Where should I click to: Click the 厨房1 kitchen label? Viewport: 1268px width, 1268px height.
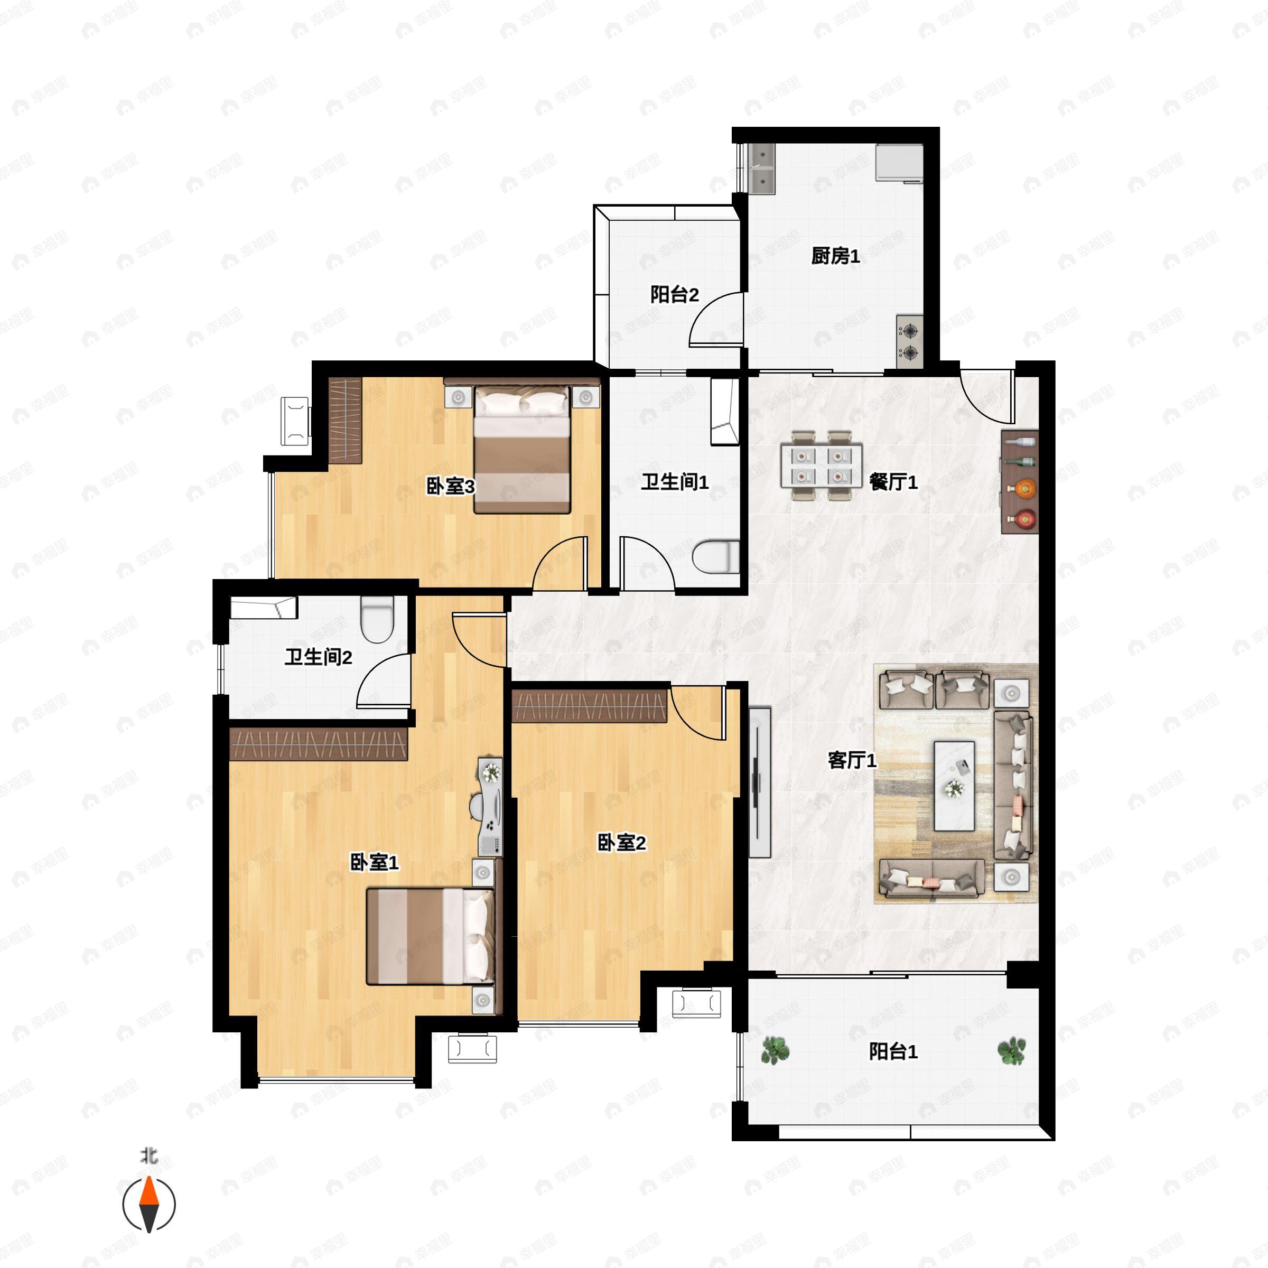pos(835,255)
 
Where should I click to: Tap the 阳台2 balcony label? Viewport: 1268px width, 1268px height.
pos(674,295)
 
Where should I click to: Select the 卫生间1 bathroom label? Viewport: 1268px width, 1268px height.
pos(675,482)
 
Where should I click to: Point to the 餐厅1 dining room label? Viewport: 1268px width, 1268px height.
pos(892,482)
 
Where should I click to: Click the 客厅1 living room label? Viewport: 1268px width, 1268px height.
pos(852,760)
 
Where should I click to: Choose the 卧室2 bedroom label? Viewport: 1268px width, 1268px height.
pos(621,842)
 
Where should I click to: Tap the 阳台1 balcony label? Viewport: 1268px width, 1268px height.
pos(892,1051)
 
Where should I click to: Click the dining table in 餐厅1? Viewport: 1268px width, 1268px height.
pos(821,465)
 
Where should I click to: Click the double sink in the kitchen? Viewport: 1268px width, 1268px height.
pos(762,168)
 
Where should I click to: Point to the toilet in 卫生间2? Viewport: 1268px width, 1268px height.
pos(377,619)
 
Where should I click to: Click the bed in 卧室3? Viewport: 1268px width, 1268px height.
pos(522,450)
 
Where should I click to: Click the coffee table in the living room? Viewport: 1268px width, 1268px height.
pos(954,786)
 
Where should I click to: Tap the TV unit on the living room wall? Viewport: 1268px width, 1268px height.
pos(759,782)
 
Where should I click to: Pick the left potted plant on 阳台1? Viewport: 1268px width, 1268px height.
pos(775,1050)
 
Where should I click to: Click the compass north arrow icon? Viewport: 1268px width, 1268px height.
pos(150,1205)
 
